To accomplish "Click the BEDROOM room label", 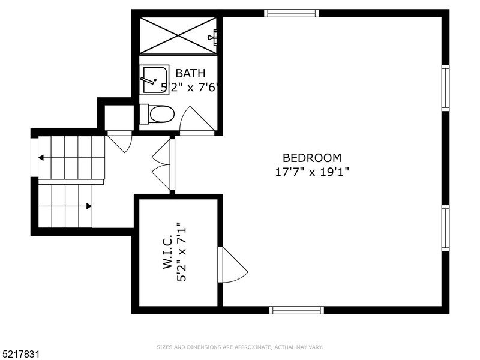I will click(312, 158).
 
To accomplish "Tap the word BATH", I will click(190, 74).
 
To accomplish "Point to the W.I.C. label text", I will click(168, 251).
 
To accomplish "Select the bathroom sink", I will click(155, 79).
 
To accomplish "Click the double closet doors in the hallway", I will click(163, 164).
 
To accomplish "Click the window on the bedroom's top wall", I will click(291, 13).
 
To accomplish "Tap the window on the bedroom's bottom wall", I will click(296, 310).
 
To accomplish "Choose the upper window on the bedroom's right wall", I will click(445, 88).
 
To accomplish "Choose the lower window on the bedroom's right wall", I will click(445, 228).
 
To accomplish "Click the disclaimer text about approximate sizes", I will click(239, 347).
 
